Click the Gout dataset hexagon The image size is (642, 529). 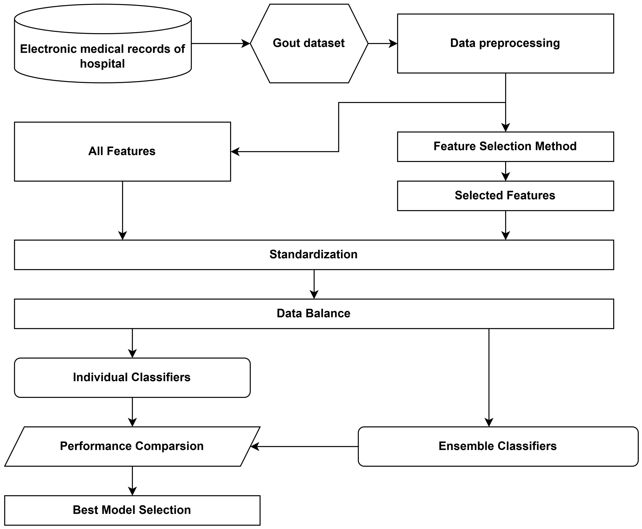[309, 43]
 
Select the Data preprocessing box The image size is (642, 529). [505, 43]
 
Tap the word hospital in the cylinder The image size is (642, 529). [102, 64]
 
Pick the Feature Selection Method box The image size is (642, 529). [505, 146]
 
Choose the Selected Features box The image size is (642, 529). [505, 196]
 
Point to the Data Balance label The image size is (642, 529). [313, 313]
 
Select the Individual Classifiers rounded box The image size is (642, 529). [132, 377]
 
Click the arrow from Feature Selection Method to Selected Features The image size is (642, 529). [505, 171]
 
